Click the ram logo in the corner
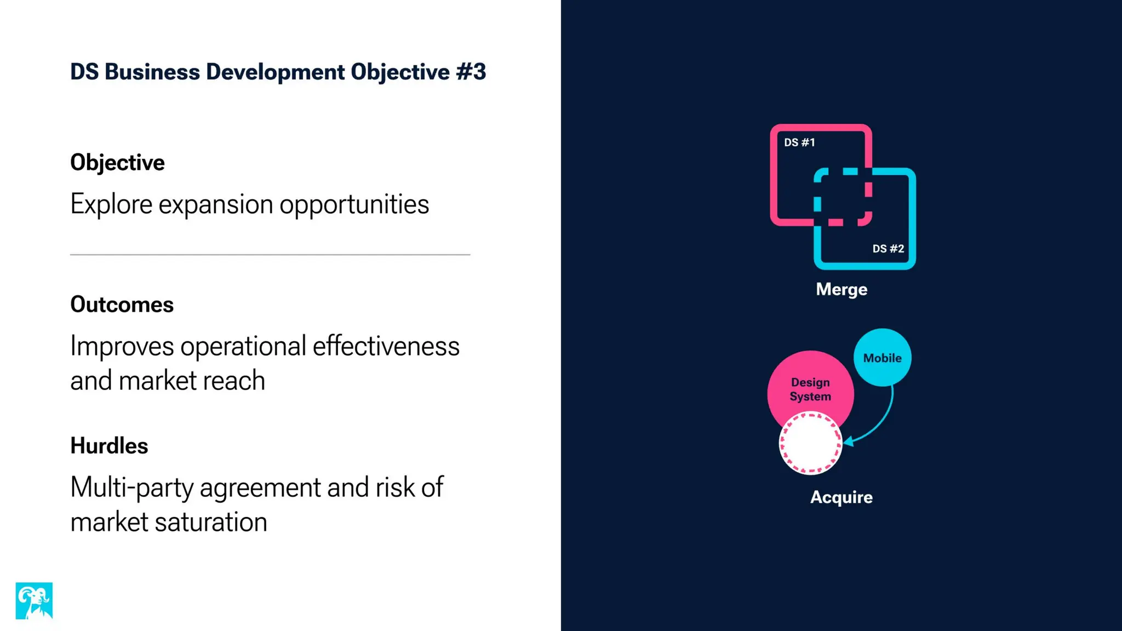pos(34,600)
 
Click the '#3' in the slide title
pos(471,72)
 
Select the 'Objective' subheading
pos(117,163)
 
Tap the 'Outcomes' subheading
pos(122,305)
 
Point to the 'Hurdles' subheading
pos(109,446)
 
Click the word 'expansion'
pos(216,205)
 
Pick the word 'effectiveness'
pos(386,346)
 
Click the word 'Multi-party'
pos(131,487)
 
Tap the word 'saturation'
pos(211,522)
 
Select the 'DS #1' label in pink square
pos(799,142)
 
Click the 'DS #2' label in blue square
pos(888,249)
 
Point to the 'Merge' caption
pos(841,289)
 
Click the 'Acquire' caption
pos(841,497)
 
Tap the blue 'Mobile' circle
pos(882,358)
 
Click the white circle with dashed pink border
pos(810,443)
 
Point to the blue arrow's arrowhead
pos(848,441)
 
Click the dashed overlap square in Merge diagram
pos(843,197)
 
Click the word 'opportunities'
pos(354,205)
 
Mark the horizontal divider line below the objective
pos(270,255)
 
